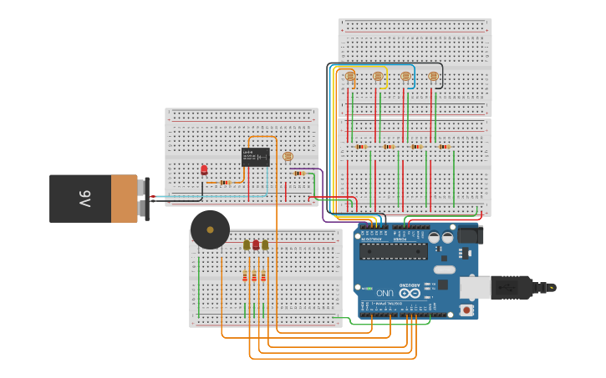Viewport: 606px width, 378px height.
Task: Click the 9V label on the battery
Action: coord(84,199)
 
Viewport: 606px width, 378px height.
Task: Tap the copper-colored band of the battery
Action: coord(124,199)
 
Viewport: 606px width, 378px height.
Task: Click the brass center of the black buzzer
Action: coord(210,229)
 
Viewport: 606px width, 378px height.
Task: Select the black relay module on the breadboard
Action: coord(255,157)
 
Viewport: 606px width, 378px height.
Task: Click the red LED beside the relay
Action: coord(204,169)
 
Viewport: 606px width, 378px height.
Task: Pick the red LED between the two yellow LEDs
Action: coord(256,244)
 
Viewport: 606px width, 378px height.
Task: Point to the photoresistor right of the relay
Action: coord(288,156)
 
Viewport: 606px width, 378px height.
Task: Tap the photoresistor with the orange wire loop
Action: coord(350,76)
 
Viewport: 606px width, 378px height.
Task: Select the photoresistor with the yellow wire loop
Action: coord(378,76)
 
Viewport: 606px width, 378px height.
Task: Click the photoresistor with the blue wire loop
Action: coord(405,76)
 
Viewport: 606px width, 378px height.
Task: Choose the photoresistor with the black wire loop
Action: coord(433,76)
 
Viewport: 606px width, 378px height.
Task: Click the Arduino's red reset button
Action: coord(466,310)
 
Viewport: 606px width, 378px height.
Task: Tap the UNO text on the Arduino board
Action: coord(384,293)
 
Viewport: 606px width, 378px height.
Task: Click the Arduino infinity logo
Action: coord(410,292)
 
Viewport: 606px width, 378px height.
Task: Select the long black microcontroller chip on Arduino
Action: coord(393,250)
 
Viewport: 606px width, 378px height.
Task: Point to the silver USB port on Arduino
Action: coord(475,288)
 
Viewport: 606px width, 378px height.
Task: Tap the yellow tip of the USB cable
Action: coord(553,288)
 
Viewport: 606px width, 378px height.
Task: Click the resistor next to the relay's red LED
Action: coord(224,182)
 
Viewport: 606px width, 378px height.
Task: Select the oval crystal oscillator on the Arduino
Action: coord(445,270)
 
